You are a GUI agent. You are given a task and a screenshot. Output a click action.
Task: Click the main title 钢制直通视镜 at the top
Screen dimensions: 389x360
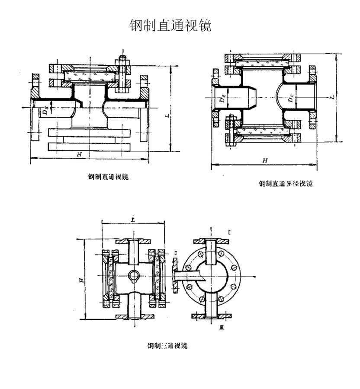[x=170, y=26]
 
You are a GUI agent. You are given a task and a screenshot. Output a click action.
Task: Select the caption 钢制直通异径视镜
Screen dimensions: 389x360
[x=285, y=183]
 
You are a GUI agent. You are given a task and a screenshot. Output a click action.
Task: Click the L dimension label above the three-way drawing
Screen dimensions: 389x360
[x=132, y=221]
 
